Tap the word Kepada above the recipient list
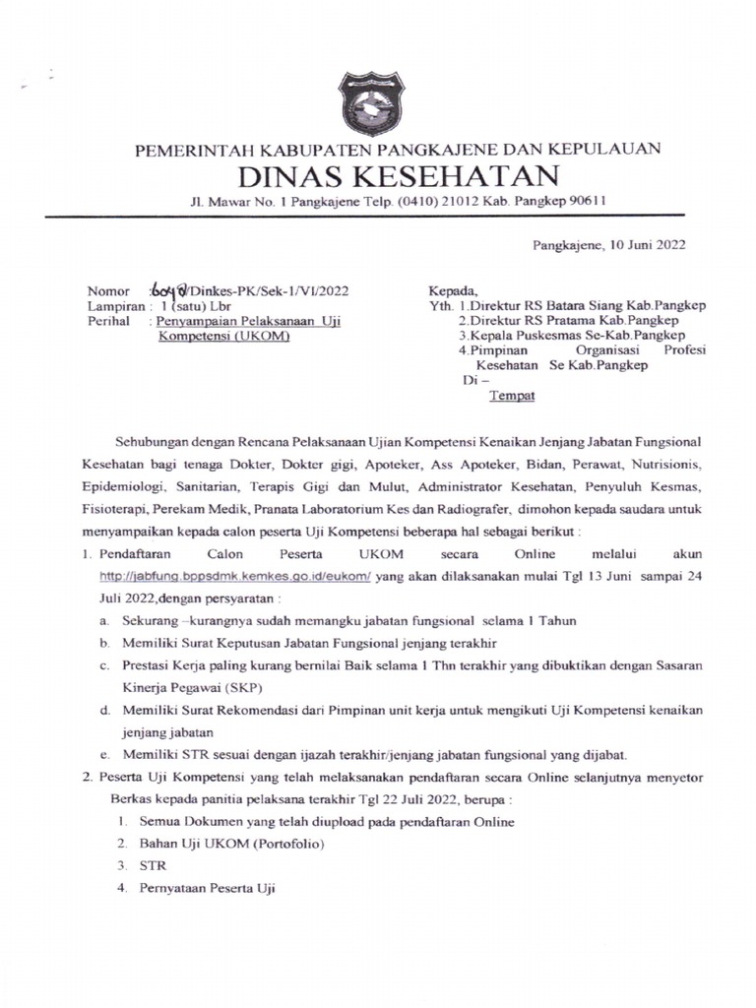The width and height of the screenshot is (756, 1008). tap(452, 290)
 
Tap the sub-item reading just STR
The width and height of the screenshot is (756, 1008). tap(155, 866)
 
